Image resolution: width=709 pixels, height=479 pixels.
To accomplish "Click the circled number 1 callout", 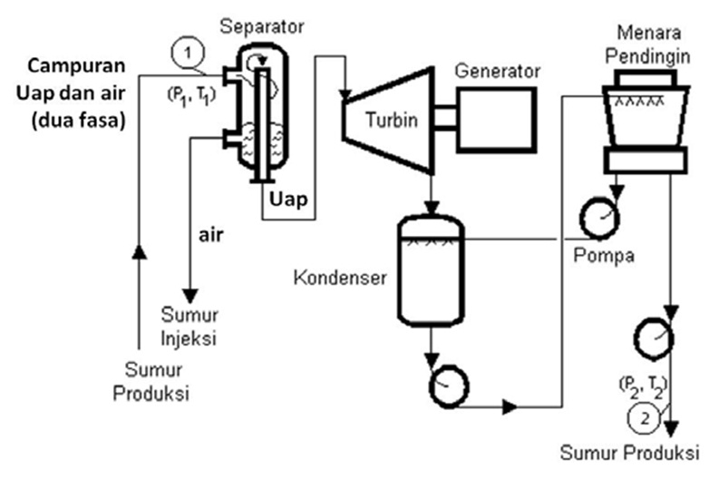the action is [x=188, y=53].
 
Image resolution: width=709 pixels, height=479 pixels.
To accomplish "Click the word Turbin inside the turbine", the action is [x=392, y=120].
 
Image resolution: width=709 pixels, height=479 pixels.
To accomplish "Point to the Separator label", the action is [x=262, y=26].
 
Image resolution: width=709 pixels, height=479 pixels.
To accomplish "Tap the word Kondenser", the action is [x=340, y=278].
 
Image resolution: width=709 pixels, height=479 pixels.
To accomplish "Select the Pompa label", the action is [x=604, y=256].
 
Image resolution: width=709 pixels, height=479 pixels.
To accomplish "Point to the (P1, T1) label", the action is [x=191, y=95].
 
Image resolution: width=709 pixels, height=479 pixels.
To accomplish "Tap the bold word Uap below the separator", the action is [x=288, y=199].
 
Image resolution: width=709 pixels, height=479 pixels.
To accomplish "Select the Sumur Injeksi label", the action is [x=189, y=326].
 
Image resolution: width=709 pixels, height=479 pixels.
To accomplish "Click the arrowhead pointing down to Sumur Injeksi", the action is [x=190, y=296].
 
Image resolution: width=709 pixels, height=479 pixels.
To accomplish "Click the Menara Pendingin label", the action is [x=648, y=44].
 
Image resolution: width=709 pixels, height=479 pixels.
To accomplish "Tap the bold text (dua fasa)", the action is [x=78, y=121].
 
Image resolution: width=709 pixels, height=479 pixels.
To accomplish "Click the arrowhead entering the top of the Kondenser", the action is [x=432, y=207].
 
